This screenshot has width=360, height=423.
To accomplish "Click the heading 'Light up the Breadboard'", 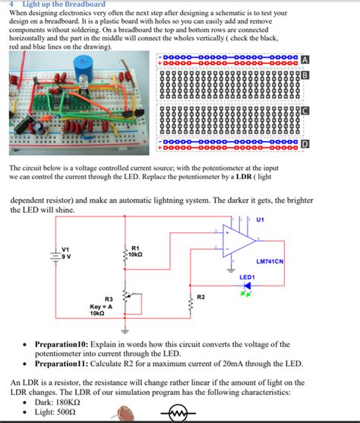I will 65,5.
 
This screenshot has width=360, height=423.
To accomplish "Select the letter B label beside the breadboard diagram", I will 305,74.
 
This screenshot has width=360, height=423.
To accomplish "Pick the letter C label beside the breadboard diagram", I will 305,111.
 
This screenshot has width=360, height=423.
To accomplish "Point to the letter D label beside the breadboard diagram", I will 305,144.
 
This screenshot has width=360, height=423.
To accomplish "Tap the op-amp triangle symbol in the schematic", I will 235,243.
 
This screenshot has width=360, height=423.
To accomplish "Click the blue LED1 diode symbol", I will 246,286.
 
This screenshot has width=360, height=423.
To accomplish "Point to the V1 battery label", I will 65,248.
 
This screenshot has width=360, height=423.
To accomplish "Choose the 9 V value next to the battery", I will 66,256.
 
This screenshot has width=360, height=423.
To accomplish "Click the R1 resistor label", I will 135,248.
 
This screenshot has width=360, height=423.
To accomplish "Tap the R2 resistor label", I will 201,295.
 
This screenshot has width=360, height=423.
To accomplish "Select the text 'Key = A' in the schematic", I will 101,306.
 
